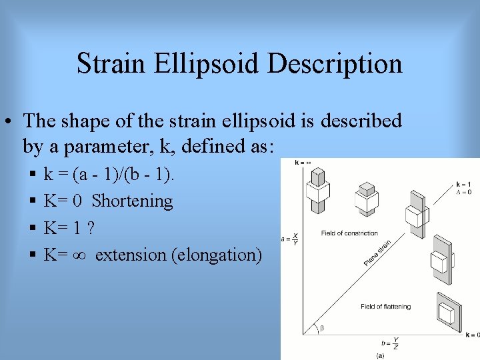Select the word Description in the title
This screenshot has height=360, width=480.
click(335, 64)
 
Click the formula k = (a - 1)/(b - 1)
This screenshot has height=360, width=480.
click(108, 175)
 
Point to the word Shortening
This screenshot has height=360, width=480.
click(132, 201)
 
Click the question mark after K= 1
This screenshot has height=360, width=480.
click(91, 227)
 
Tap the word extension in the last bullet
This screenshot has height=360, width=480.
click(131, 255)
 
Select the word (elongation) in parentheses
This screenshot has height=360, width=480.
click(217, 255)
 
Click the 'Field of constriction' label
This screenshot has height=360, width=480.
click(349, 233)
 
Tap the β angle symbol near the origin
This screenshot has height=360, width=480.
click(322, 328)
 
